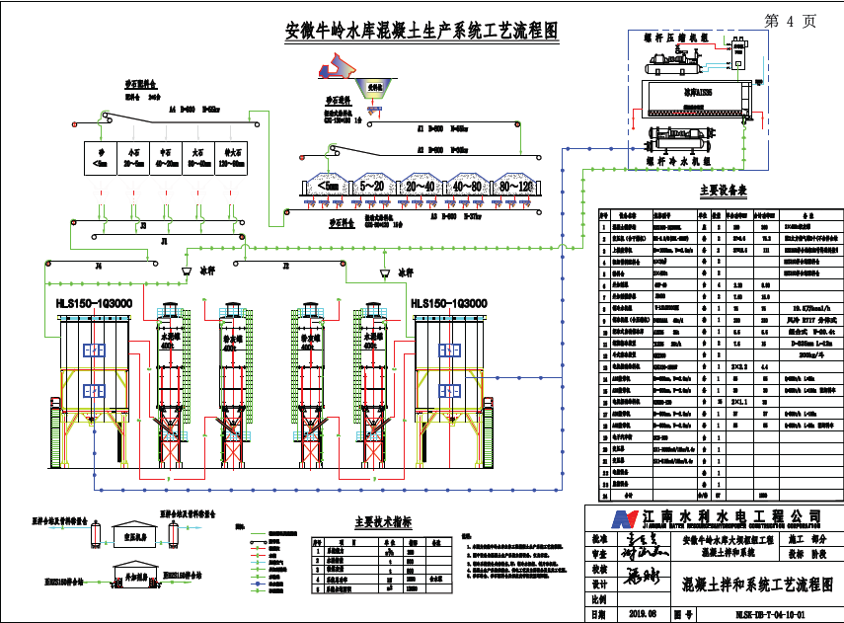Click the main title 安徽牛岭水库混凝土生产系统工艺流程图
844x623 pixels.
pyautogui.click(x=421, y=31)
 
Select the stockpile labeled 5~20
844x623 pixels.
pyautogui.click(x=372, y=185)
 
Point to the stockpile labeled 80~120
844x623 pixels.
pyautogui.click(x=516, y=185)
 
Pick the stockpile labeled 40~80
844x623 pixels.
pyautogui.click(x=468, y=185)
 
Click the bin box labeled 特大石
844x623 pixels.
pyautogui.click(x=234, y=158)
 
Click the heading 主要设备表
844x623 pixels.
pyautogui.click(x=722, y=190)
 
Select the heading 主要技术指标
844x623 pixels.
pyautogui.click(x=382, y=522)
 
